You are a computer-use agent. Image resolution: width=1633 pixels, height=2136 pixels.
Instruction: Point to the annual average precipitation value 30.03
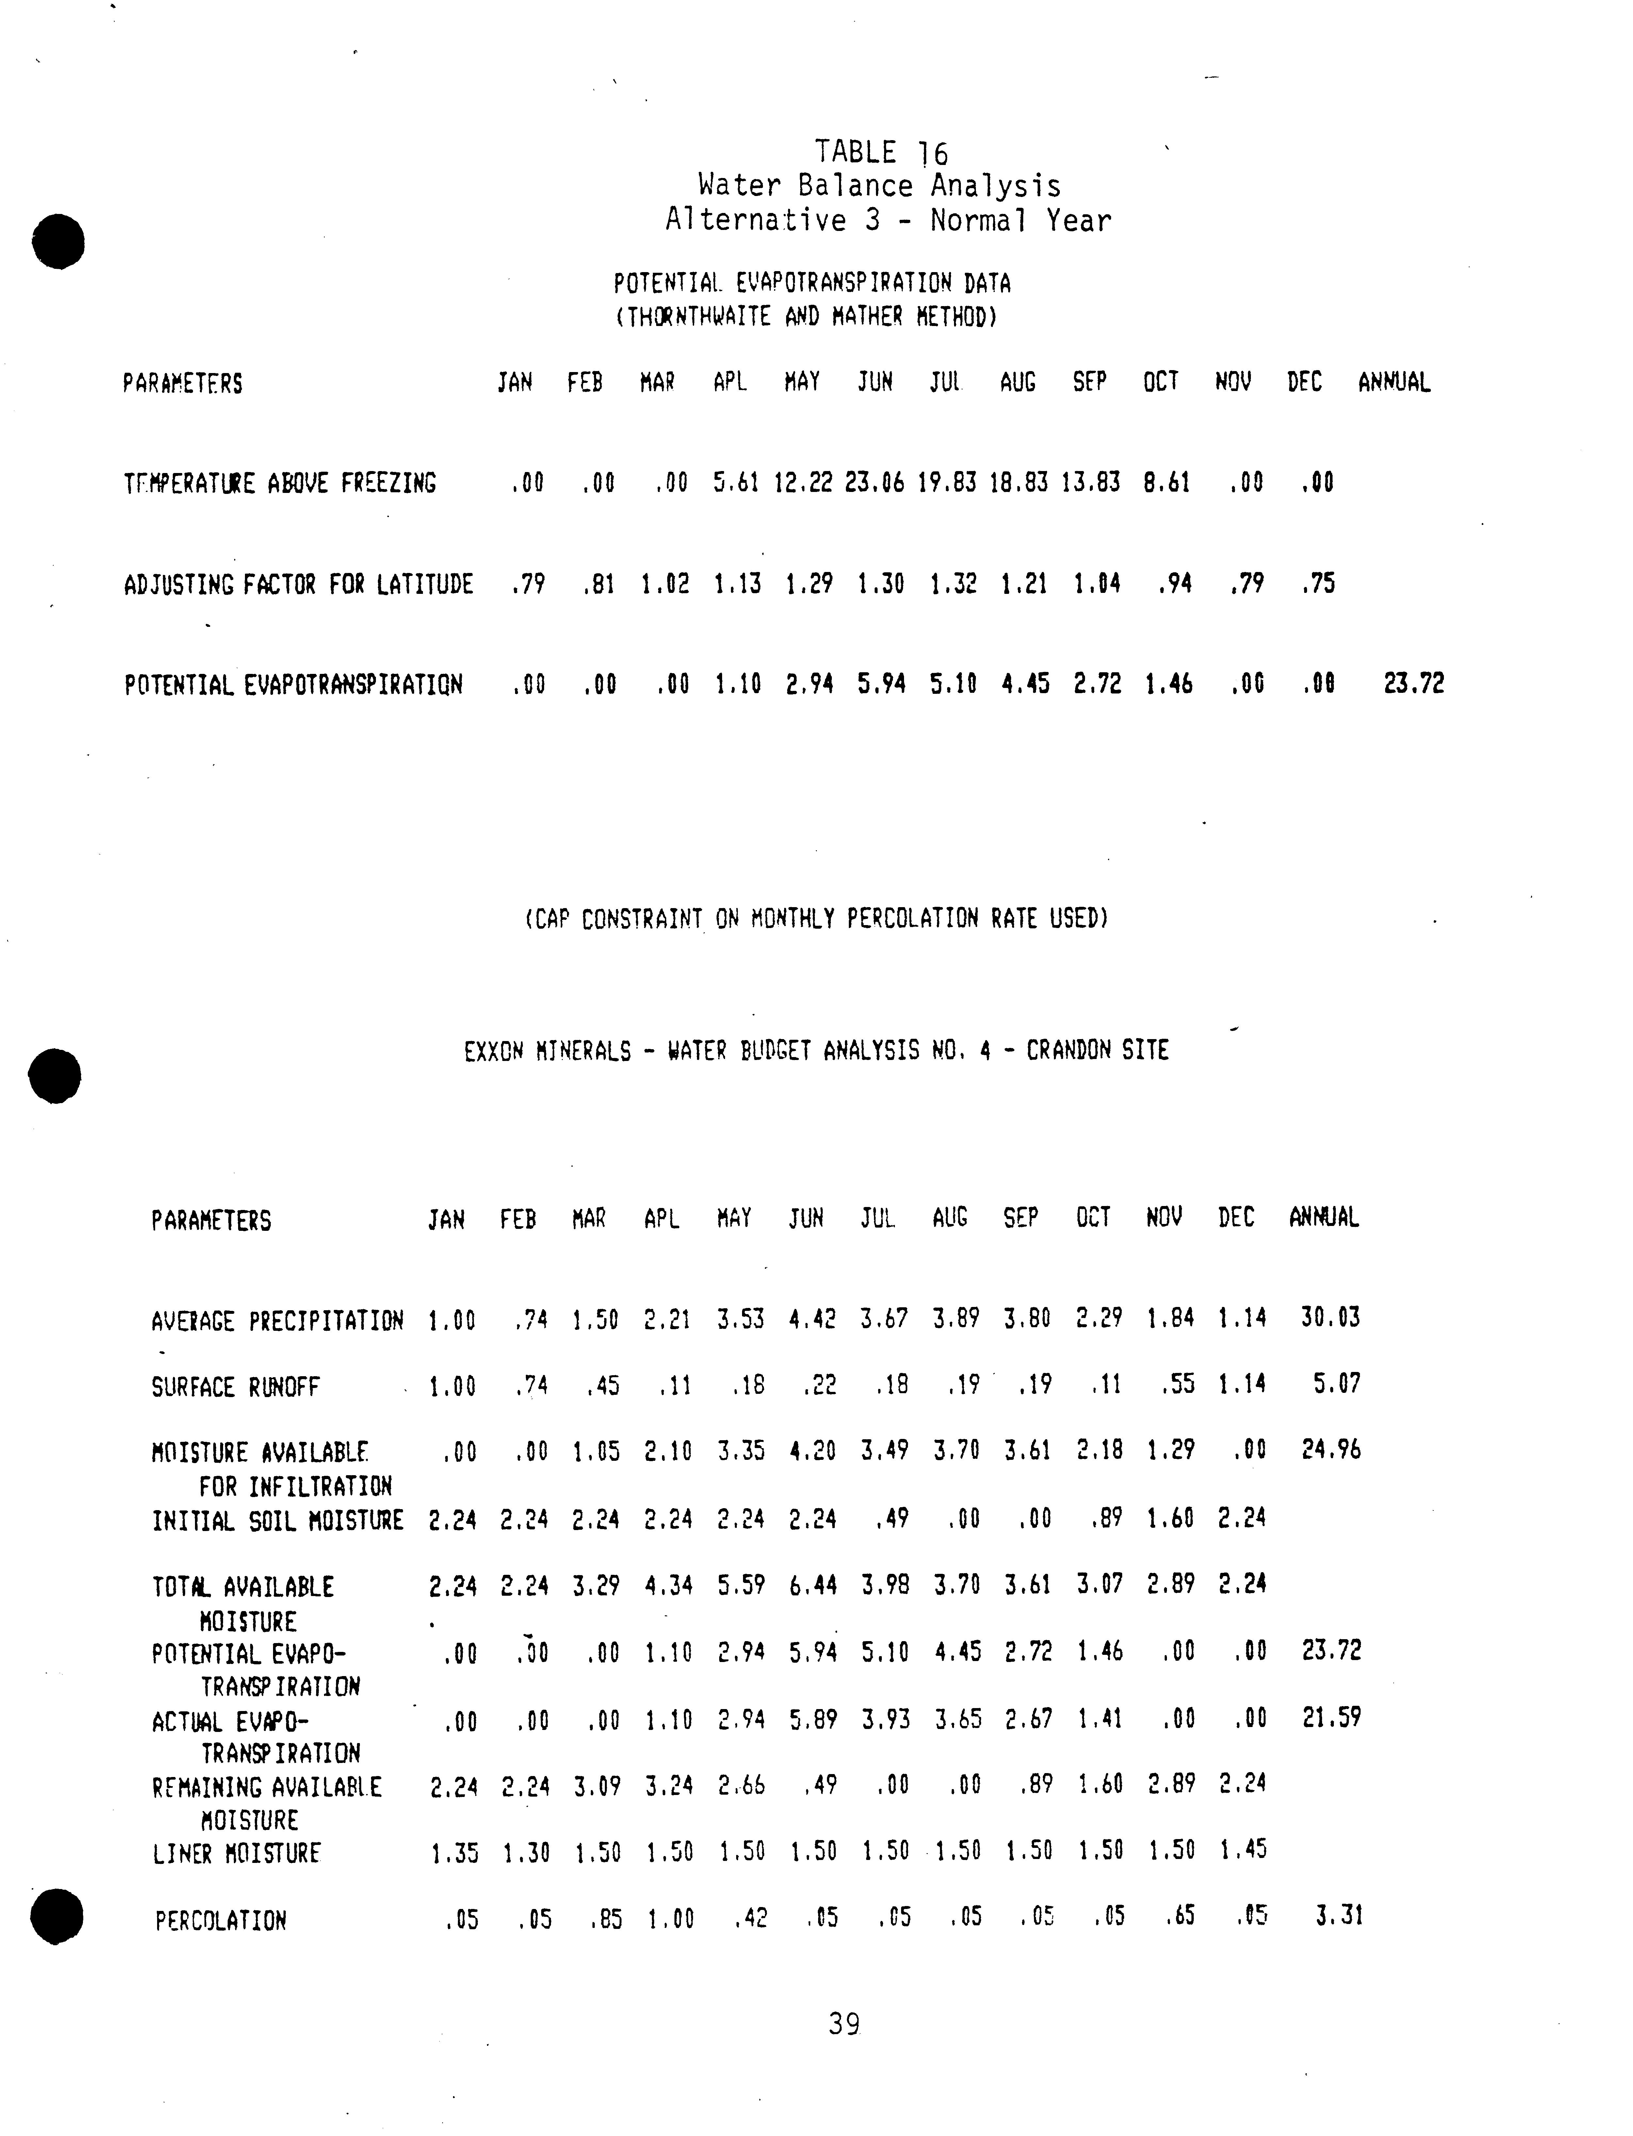pyautogui.click(x=1330, y=1317)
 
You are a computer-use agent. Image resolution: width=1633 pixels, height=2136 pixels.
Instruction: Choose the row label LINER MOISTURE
pyautogui.click(x=236, y=1853)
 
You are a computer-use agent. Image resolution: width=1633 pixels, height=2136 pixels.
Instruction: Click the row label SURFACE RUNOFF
pyautogui.click(x=235, y=1386)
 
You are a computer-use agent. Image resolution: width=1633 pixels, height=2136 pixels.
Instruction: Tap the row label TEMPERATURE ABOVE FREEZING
pyautogui.click(x=280, y=483)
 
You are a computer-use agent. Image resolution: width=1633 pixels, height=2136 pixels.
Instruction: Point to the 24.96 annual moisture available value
pyautogui.click(x=1331, y=1450)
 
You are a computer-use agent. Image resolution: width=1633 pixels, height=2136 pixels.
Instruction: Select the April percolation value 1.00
pyautogui.click(x=671, y=1918)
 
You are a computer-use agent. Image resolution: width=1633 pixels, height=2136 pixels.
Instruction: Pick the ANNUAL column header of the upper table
pyautogui.click(x=1394, y=382)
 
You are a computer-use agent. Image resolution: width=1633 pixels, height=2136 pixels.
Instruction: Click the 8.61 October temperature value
pyautogui.click(x=1166, y=482)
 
